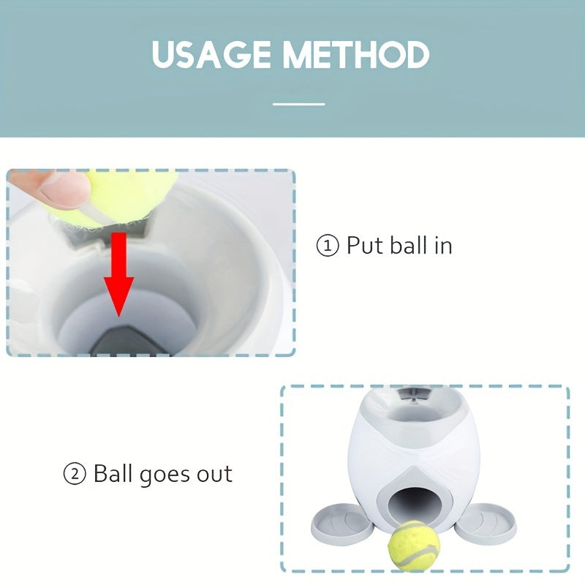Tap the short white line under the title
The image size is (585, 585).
pyautogui.click(x=299, y=104)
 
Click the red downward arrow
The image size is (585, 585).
pyautogui.click(x=118, y=274)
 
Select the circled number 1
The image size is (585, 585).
pyautogui.click(x=328, y=246)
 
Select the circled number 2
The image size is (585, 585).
pyautogui.click(x=75, y=474)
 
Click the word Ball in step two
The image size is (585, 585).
pyautogui.click(x=113, y=473)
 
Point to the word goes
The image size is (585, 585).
pyautogui.click(x=165, y=476)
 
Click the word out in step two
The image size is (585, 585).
pyautogui.click(x=214, y=474)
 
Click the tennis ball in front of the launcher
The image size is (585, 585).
pyautogui.click(x=414, y=546)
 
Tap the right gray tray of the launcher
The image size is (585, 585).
pyautogui.click(x=488, y=520)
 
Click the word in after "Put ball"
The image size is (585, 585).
pyautogui.click(x=443, y=246)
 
